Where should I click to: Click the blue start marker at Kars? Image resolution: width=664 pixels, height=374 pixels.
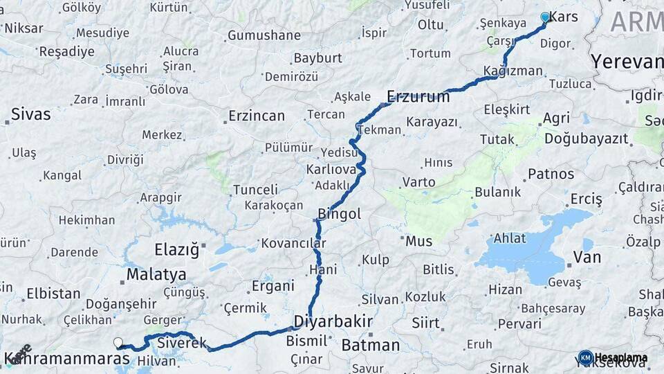pyautogui.click(x=545, y=17)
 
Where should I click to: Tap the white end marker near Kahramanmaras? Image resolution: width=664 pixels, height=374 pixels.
pyautogui.click(x=118, y=342)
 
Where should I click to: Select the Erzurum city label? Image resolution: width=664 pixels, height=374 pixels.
pyautogui.click(x=418, y=96)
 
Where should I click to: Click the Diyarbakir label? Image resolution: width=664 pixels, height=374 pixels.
pyautogui.click(x=333, y=322)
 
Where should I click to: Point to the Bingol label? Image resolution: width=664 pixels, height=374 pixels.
pyautogui.click(x=339, y=214)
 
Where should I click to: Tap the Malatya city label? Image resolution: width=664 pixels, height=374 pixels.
pyautogui.click(x=156, y=274)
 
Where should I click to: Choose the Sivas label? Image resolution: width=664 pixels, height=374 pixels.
pyautogui.click(x=31, y=114)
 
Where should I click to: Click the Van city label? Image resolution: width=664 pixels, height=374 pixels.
pyautogui.click(x=587, y=258)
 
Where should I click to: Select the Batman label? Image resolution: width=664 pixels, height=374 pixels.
pyautogui.click(x=371, y=345)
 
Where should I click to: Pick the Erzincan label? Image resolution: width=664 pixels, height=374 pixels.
pyautogui.click(x=257, y=116)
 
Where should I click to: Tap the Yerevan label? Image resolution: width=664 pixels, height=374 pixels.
pyautogui.click(x=627, y=62)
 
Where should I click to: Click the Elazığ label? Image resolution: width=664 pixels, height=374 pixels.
pyautogui.click(x=176, y=248)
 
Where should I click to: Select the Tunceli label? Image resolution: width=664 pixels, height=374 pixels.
pyautogui.click(x=255, y=189)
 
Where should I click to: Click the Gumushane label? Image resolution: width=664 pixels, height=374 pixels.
pyautogui.click(x=264, y=35)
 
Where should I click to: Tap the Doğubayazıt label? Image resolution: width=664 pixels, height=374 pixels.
pyautogui.click(x=587, y=139)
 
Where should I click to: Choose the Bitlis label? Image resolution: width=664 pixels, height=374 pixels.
pyautogui.click(x=439, y=269)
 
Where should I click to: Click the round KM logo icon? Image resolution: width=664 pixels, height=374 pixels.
pyautogui.click(x=585, y=357)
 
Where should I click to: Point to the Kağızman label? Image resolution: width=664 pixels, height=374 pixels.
pyautogui.click(x=513, y=71)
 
